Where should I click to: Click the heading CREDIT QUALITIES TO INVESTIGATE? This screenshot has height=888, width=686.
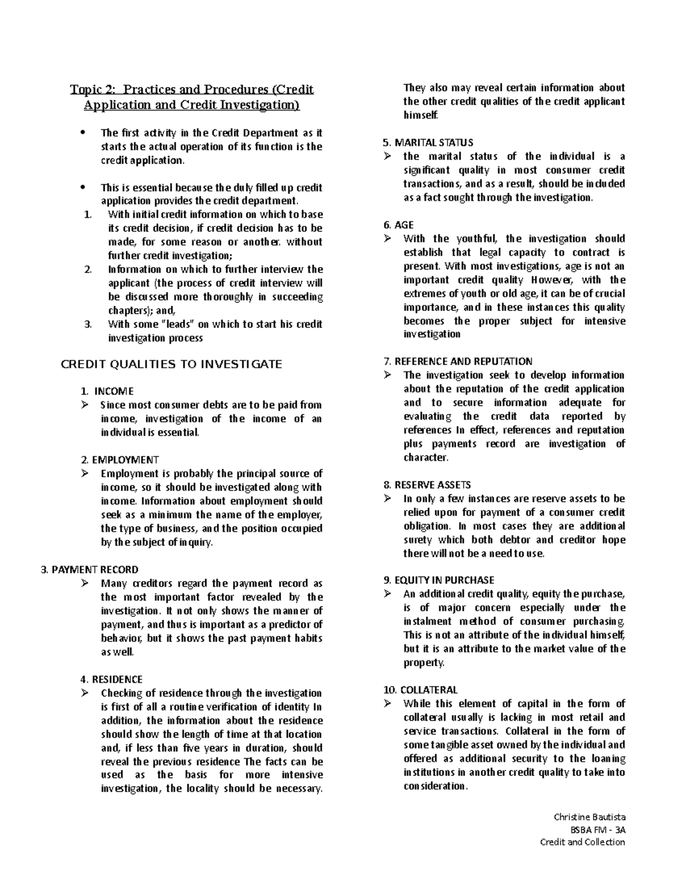click(171, 364)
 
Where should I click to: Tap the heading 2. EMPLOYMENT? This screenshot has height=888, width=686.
click(119, 460)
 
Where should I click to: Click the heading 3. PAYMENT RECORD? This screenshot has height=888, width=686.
click(90, 570)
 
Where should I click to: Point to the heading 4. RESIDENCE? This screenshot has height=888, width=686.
click(111, 679)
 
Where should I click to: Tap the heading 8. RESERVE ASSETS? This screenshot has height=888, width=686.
click(426, 485)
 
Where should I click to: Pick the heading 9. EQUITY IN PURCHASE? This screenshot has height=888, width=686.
click(438, 580)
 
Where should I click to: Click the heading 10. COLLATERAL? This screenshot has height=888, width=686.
click(420, 690)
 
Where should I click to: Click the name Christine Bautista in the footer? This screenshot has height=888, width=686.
click(589, 817)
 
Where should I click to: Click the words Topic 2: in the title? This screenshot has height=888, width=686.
click(94, 90)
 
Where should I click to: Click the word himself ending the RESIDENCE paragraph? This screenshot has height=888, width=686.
click(420, 115)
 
